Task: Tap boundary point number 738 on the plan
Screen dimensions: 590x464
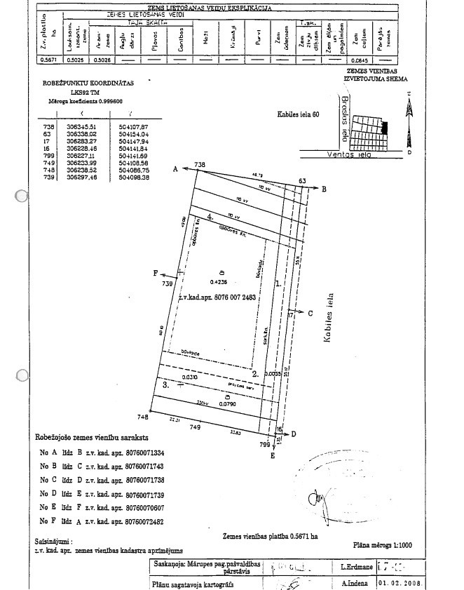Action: [200, 165]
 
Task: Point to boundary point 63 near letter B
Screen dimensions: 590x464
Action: [302, 182]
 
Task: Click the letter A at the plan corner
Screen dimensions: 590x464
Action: [175, 169]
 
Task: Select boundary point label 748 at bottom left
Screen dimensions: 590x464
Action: [143, 417]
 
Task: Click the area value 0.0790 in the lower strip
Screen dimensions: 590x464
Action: [226, 404]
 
